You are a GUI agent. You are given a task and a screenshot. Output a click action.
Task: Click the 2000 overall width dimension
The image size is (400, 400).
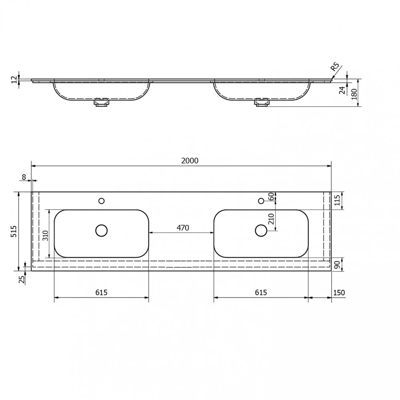coord(190,160)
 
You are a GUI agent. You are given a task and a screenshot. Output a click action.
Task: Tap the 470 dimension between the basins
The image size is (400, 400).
coord(183,228)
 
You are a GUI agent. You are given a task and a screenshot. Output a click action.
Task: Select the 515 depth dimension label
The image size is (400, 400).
coord(14,231)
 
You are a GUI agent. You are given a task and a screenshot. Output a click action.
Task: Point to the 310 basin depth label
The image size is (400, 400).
coord(45,236)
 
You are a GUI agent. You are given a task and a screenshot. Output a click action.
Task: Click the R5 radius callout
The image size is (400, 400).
coord(335,66)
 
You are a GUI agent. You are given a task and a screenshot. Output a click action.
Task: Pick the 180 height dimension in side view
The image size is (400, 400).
coord(354,94)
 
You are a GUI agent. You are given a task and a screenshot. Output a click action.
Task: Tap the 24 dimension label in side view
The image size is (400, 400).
coord(342,90)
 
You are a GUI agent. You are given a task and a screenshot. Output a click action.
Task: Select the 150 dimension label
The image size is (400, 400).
coord(339,292)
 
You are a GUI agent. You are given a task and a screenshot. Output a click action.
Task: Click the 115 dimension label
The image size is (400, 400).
coord(337,200)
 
